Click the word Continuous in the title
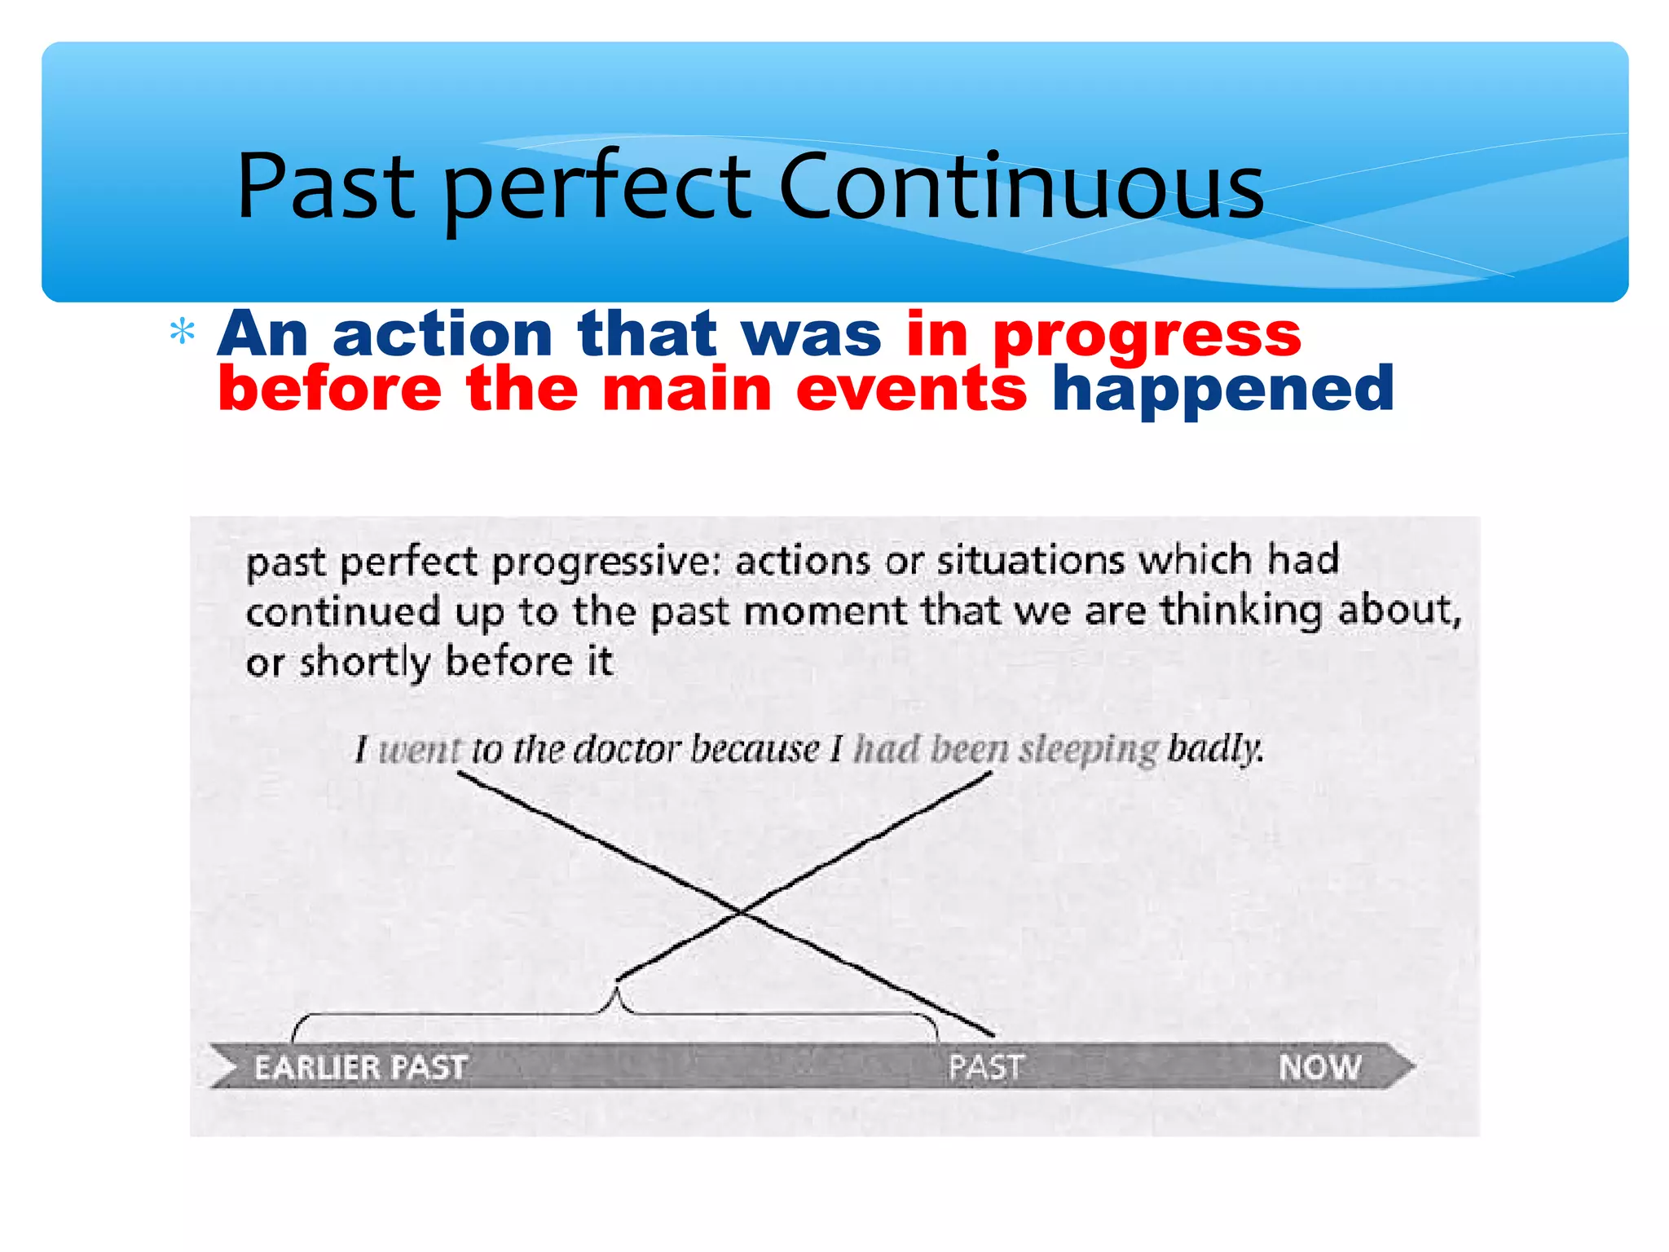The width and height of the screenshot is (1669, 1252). click(x=1020, y=187)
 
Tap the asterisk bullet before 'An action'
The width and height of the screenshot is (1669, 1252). click(x=182, y=333)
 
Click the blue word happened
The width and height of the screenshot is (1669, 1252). click(x=1222, y=390)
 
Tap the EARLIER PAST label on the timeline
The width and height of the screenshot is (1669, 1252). click(x=360, y=1067)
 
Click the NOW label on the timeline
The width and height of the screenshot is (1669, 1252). click(x=1319, y=1067)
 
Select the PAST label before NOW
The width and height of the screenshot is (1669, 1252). click(x=985, y=1067)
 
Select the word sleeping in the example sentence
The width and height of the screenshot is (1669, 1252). click(x=1088, y=749)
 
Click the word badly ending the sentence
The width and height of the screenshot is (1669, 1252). click(x=1214, y=747)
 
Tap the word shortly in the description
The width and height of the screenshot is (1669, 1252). click(x=364, y=662)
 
